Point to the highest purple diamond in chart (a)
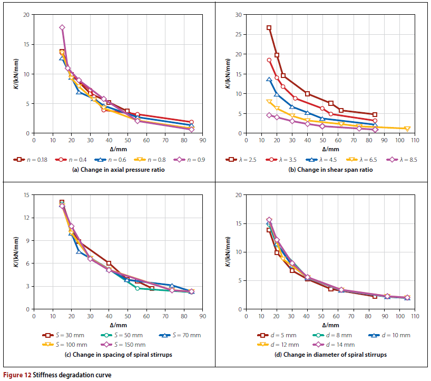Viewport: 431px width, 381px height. pos(62,27)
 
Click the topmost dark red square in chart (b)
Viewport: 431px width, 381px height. pos(269,28)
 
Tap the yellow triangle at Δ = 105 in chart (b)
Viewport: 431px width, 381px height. pos(407,129)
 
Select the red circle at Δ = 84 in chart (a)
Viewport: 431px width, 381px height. pos(191,122)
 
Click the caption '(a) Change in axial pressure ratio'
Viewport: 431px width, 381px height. pos(108,169)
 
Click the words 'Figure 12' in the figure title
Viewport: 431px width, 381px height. pos(17,375)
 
